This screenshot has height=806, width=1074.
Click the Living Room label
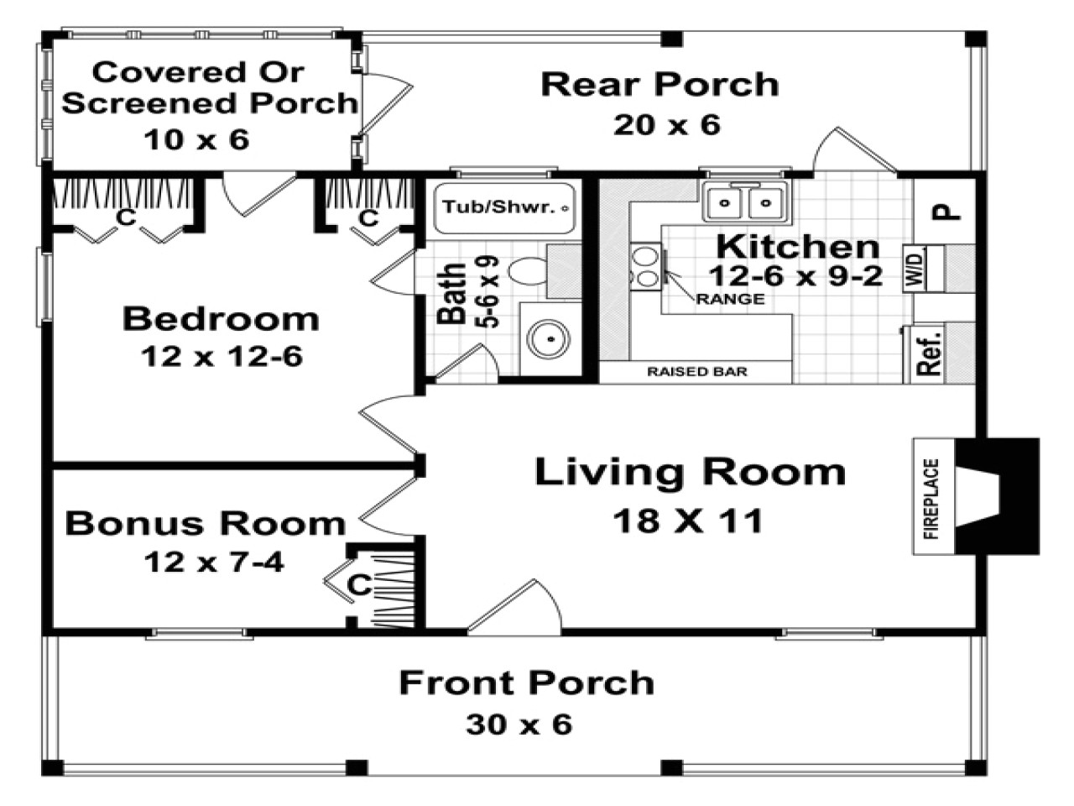coord(690,473)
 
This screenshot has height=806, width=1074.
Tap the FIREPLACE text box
coord(932,497)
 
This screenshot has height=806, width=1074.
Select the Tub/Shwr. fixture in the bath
coord(504,207)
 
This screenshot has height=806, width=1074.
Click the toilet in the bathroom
coord(529,271)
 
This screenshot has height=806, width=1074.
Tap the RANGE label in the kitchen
coord(731,299)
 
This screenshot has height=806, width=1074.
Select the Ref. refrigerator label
coord(929,353)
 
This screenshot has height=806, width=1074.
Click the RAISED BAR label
coord(696,372)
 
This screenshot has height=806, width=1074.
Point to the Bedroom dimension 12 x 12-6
coord(222,357)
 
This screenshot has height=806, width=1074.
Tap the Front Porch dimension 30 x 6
coord(519,724)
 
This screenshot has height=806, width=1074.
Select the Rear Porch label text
coord(660,85)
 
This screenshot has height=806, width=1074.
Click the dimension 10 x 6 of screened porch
coord(196,139)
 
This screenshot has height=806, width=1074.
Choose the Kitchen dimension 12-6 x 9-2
coord(795,275)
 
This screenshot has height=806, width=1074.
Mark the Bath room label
coord(453,293)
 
